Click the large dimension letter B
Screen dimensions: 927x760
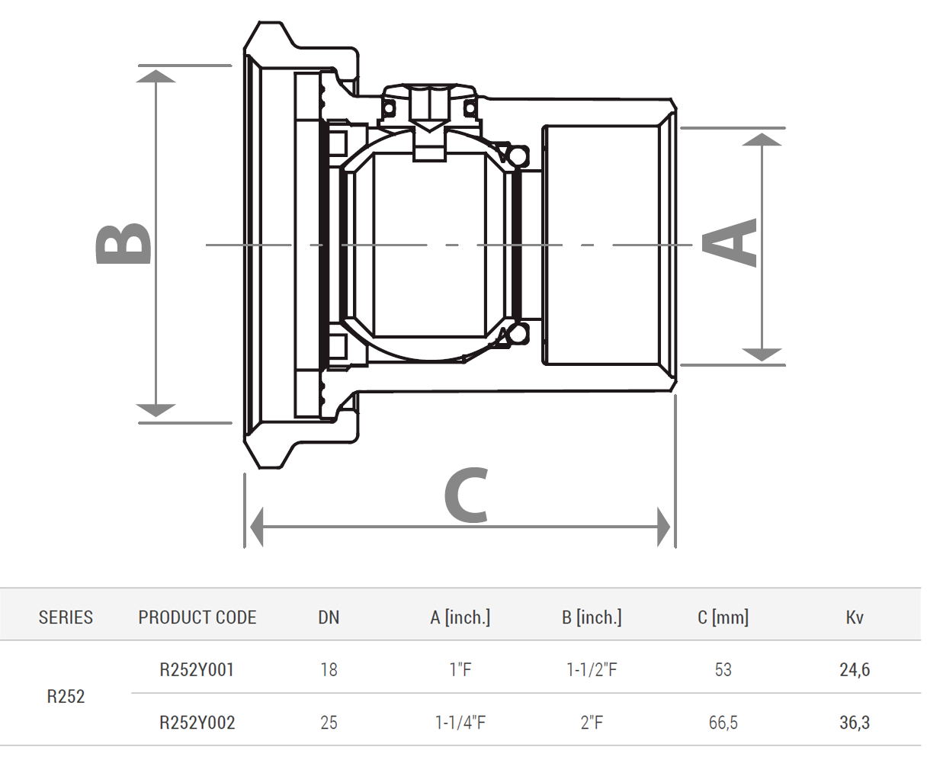[x=123, y=245]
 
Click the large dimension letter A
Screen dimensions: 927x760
[x=729, y=242]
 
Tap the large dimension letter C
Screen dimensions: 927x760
[x=466, y=495]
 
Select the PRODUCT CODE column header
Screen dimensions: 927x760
[x=197, y=617]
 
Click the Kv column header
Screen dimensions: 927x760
[x=855, y=617]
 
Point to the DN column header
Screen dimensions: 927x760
[x=329, y=617]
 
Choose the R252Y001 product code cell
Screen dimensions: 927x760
[x=197, y=670]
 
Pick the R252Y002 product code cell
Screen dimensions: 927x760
[x=197, y=723]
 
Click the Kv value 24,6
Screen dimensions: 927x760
[x=855, y=670]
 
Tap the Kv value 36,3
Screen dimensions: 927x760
[x=855, y=723]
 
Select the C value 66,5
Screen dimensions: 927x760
[x=723, y=723]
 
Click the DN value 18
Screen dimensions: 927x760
[x=329, y=670]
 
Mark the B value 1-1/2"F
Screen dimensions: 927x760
[x=592, y=670]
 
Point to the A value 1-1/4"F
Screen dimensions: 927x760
[x=460, y=723]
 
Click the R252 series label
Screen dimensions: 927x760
[x=66, y=697]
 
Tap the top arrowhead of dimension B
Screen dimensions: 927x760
[x=156, y=76]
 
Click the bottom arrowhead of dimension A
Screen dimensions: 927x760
[x=762, y=354]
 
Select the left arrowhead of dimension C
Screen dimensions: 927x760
[x=256, y=527]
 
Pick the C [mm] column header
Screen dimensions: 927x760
[x=723, y=617]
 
